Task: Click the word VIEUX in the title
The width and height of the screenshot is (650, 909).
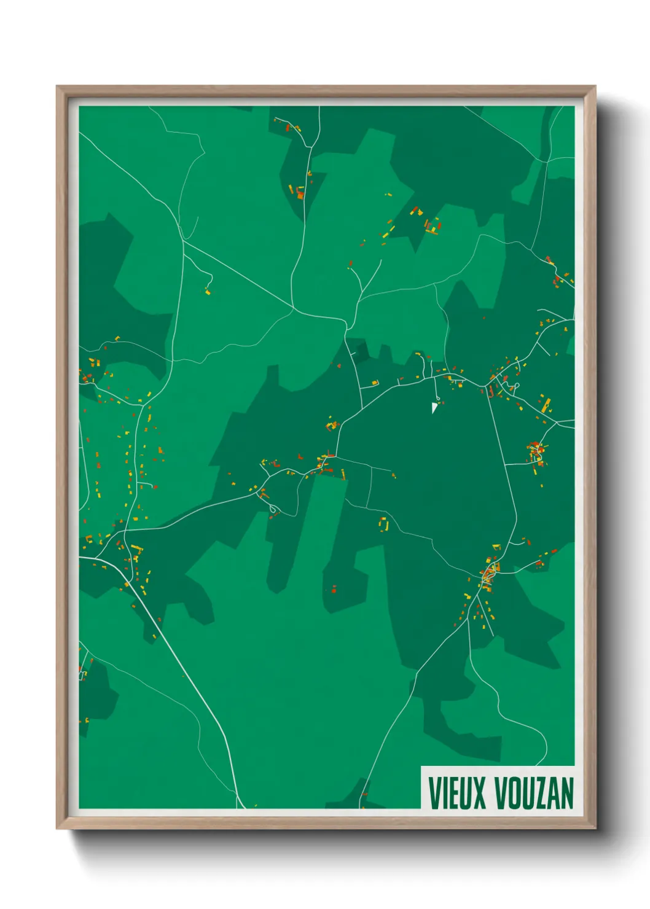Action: point(457,793)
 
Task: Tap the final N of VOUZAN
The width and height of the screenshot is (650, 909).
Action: point(567,793)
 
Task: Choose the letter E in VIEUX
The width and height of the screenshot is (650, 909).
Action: point(451,793)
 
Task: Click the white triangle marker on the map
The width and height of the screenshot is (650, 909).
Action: point(434,407)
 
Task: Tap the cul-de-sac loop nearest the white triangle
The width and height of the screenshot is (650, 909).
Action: point(438,397)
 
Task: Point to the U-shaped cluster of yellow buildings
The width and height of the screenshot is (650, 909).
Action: point(384,525)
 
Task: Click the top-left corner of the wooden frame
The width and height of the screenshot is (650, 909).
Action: point(58,87)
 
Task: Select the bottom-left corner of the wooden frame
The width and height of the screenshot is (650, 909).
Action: point(58,828)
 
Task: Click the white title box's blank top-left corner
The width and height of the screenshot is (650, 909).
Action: point(425,770)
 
